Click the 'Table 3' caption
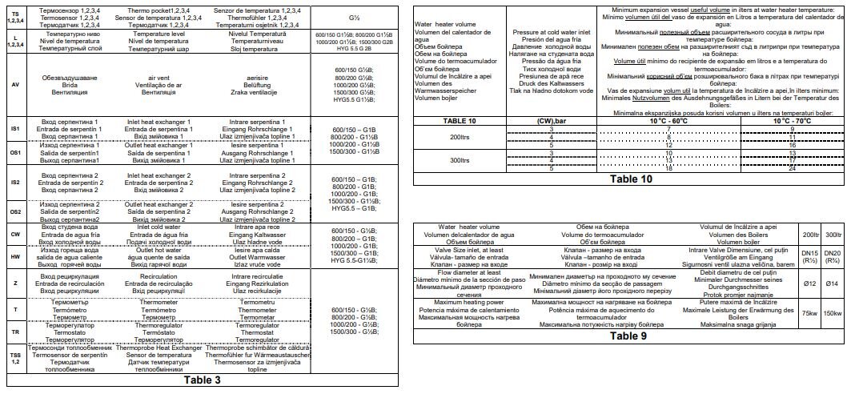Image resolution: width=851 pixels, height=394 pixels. pyautogui.click(x=202, y=380)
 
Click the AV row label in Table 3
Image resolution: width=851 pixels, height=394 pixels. pyautogui.click(x=15, y=84)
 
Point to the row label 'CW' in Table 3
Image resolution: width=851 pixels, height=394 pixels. pyautogui.click(x=15, y=234)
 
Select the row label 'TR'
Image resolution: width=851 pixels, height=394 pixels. pyautogui.click(x=15, y=332)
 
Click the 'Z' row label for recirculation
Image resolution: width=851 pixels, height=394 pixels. pyautogui.click(x=15, y=283)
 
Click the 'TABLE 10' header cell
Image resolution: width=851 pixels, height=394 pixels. pyautogui.click(x=460, y=120)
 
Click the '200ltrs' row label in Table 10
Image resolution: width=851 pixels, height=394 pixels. pyautogui.click(x=460, y=137)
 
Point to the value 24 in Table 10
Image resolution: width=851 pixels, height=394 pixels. pyautogui.click(x=791, y=168)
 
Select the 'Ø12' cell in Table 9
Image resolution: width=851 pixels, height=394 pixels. pyautogui.click(x=810, y=283)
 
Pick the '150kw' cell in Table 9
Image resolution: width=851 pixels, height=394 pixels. pyautogui.click(x=832, y=312)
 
